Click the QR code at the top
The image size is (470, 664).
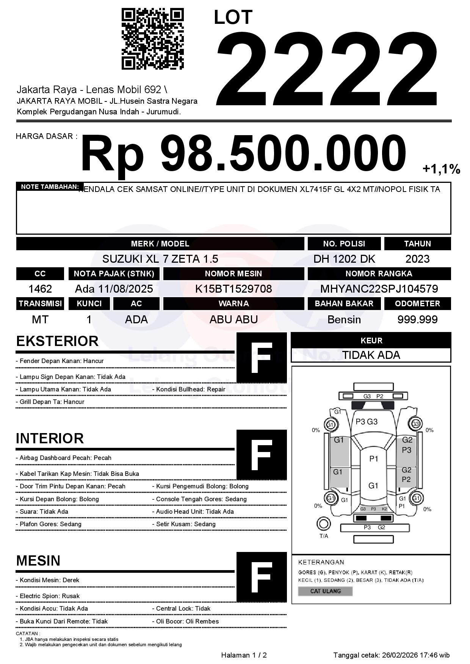[x=152, y=39]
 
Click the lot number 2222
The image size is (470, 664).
[x=327, y=68]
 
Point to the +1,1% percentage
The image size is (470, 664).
[x=441, y=169]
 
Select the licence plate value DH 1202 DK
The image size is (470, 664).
[x=344, y=259]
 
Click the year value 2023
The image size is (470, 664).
[x=417, y=259]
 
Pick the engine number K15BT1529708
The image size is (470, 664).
[x=233, y=289]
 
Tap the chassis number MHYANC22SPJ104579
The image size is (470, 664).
[x=379, y=289]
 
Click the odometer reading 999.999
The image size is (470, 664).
[x=417, y=320]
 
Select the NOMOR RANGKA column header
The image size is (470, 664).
[x=379, y=274]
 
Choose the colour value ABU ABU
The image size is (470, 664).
[x=233, y=320]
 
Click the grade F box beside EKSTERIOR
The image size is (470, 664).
[x=262, y=358]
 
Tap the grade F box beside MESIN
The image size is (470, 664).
[x=262, y=577]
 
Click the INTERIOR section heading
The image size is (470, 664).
[x=50, y=438]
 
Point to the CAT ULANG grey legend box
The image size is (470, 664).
[x=325, y=591]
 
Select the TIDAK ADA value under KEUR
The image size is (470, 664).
[x=371, y=355]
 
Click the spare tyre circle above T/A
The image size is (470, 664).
[x=323, y=524]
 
